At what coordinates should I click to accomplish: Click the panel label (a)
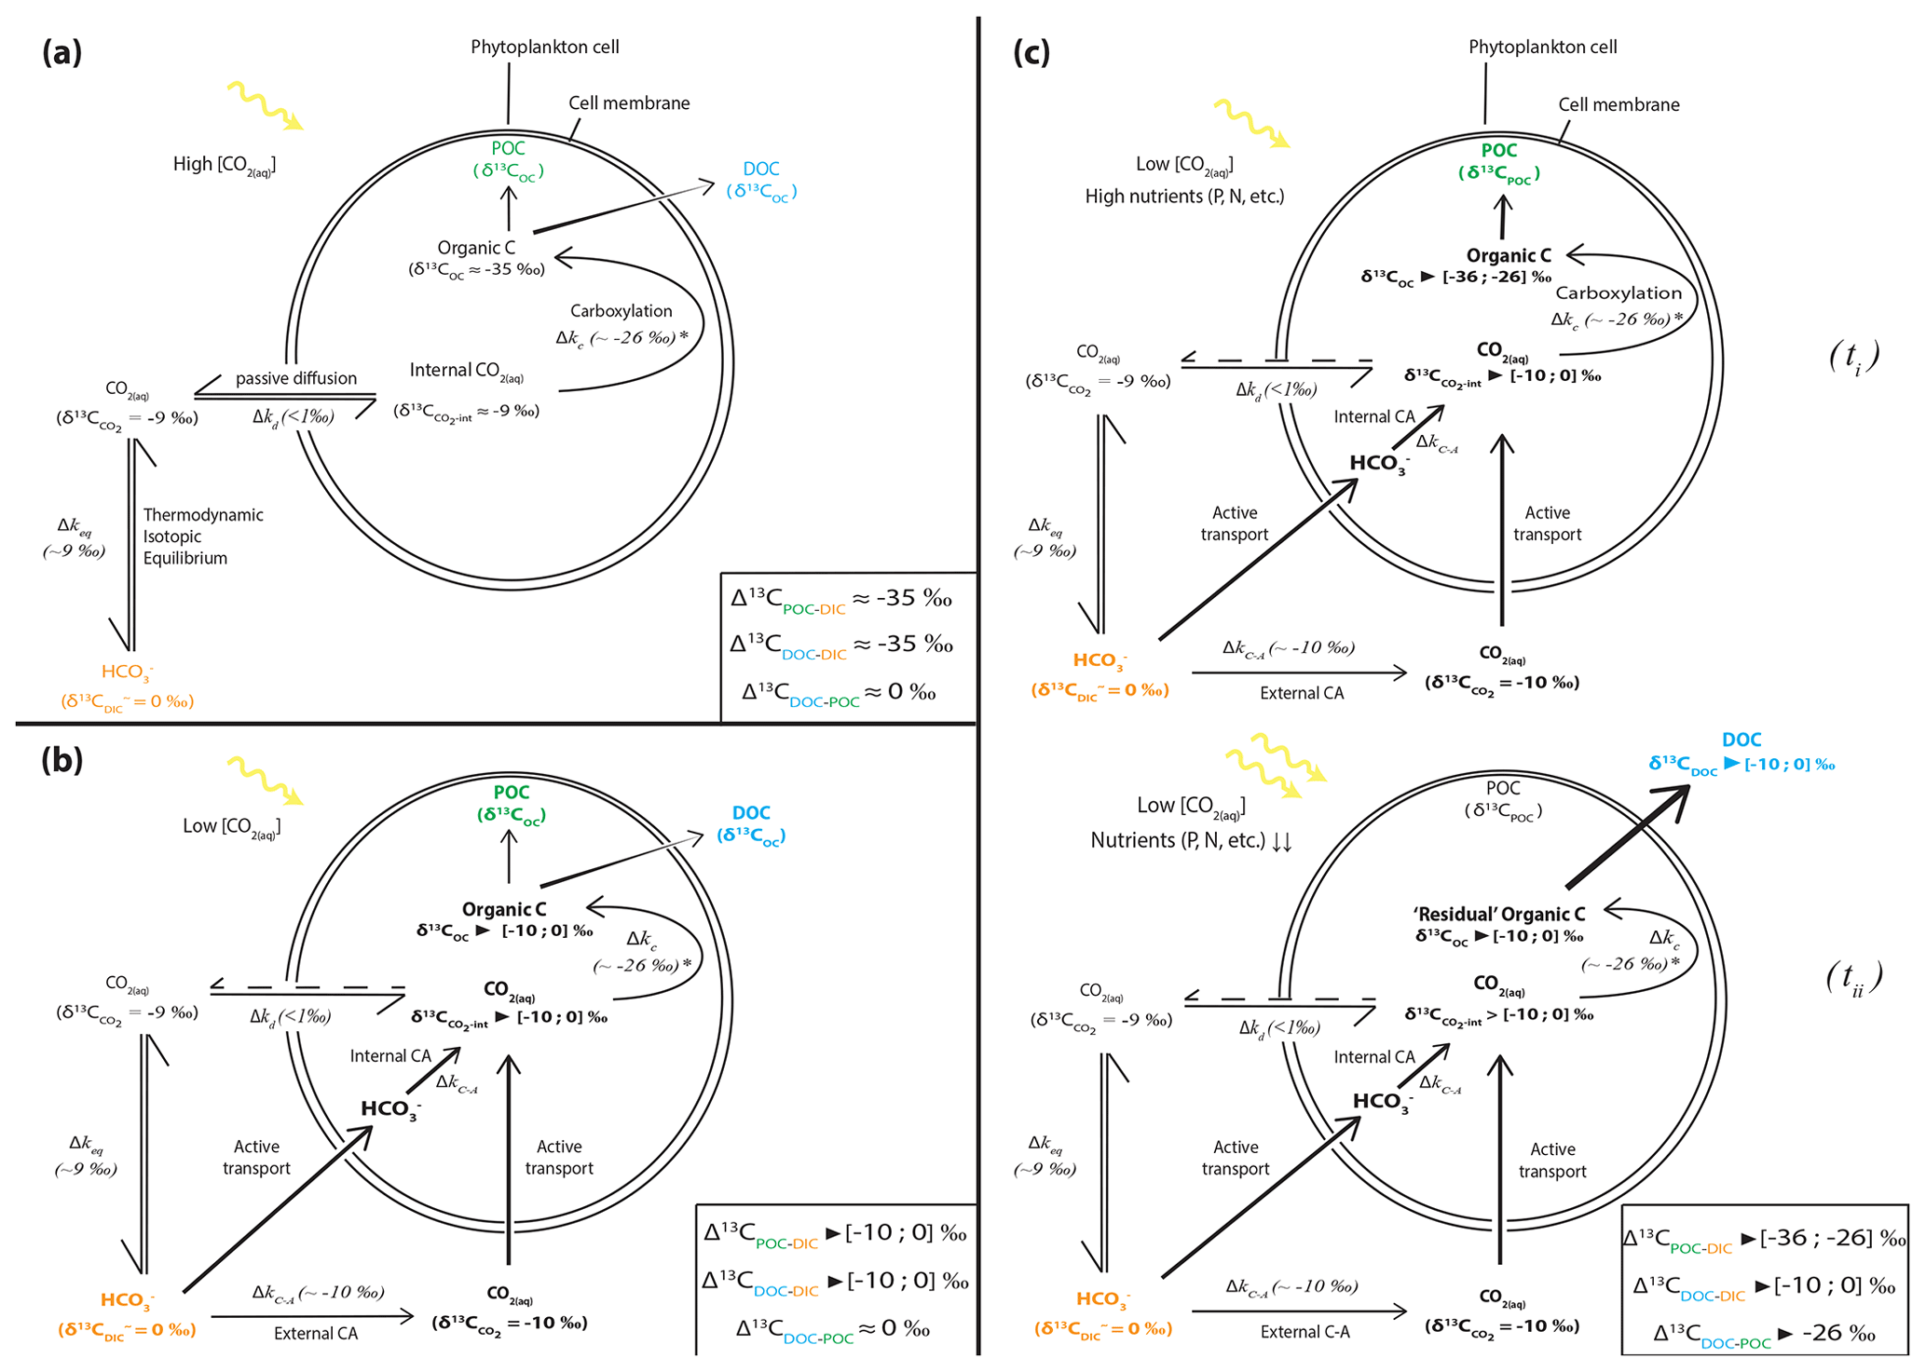(x=61, y=53)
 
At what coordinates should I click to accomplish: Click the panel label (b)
(x=61, y=761)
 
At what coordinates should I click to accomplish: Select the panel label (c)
(x=1031, y=53)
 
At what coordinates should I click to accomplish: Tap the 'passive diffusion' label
(x=295, y=378)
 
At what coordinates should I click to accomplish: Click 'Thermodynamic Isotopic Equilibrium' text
(x=202, y=537)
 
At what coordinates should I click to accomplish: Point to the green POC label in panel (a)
(x=508, y=149)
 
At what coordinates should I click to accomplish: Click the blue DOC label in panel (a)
(x=761, y=169)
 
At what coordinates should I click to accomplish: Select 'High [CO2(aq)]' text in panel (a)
(x=225, y=165)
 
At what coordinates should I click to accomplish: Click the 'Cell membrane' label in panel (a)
(x=629, y=103)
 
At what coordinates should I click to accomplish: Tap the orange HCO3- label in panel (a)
(x=128, y=672)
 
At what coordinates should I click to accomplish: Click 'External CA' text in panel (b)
(x=316, y=1334)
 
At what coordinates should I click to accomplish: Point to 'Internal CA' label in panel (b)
(x=390, y=1056)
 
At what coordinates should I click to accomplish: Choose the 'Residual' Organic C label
(x=1499, y=915)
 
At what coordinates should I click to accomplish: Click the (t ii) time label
(x=1854, y=978)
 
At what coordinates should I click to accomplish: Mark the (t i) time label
(x=1854, y=358)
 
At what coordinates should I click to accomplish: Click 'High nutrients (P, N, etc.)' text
(x=1184, y=197)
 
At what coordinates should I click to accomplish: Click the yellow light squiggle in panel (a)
(x=265, y=104)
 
